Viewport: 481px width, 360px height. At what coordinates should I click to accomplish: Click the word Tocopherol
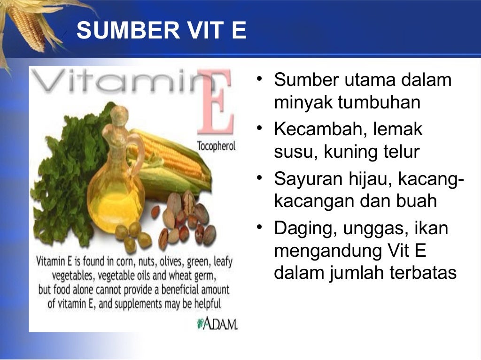pos(216,146)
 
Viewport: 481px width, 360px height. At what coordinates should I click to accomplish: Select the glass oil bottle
pos(115,188)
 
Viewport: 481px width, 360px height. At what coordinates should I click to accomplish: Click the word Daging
pos(302,229)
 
